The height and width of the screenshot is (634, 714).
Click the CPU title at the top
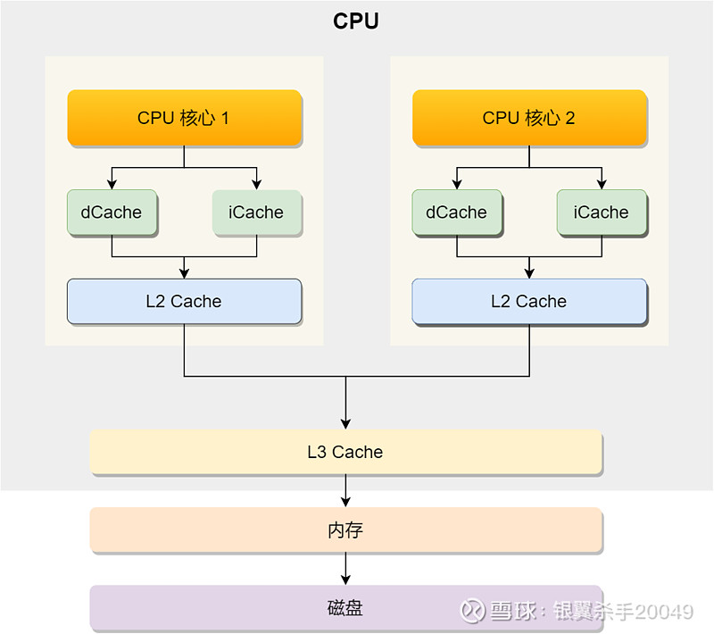click(355, 21)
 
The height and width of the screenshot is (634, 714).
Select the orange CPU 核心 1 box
click(185, 118)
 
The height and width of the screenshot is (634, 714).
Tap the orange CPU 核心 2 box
click(529, 118)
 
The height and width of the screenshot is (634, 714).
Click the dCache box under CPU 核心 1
click(112, 213)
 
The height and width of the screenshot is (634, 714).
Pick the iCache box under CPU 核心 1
click(257, 213)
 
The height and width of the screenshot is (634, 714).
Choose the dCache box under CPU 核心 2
click(457, 213)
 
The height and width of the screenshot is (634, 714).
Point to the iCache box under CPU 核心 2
click(602, 213)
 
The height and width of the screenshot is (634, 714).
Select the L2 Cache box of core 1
click(184, 302)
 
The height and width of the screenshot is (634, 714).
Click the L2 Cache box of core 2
click(529, 302)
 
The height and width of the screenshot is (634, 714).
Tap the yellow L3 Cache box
click(346, 452)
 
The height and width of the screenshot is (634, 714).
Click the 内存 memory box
click(346, 530)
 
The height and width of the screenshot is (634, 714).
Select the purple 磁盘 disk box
click(346, 608)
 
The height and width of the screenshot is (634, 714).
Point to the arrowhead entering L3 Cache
click(345, 424)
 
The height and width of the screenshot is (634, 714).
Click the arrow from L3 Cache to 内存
click(345, 491)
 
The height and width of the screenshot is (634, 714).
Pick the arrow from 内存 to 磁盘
click(345, 569)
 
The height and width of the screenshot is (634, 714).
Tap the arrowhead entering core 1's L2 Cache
click(184, 273)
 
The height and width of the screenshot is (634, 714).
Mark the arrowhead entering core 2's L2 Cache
click(529, 273)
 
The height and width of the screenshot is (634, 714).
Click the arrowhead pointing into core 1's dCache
click(112, 184)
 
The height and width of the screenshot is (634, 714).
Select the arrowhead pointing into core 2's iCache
click(602, 184)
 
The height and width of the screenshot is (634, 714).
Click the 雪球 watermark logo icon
click(472, 610)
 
